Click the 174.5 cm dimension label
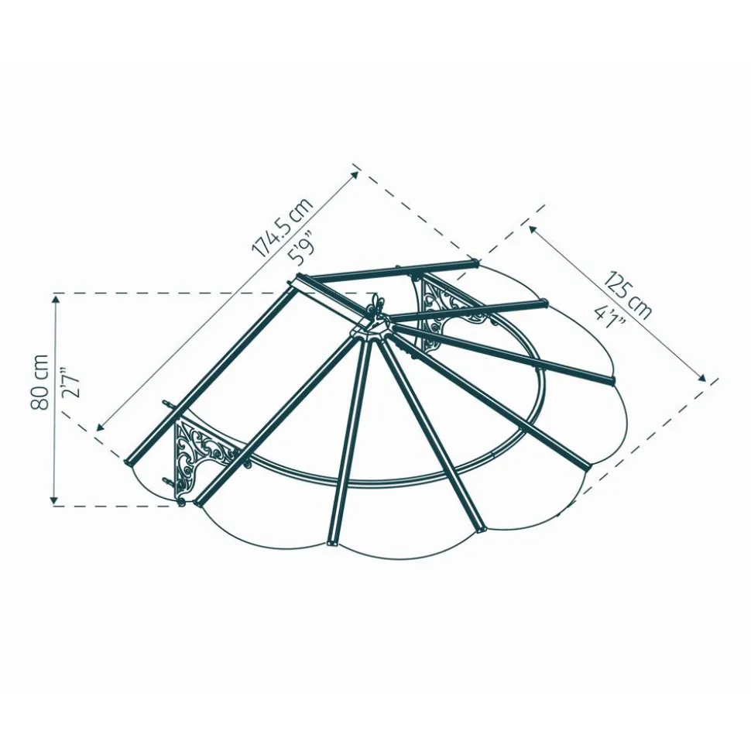(283, 226)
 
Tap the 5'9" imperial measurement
(302, 249)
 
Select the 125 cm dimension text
(628, 295)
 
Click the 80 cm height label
(39, 383)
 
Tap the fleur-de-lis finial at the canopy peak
(376, 307)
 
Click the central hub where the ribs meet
(370, 331)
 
